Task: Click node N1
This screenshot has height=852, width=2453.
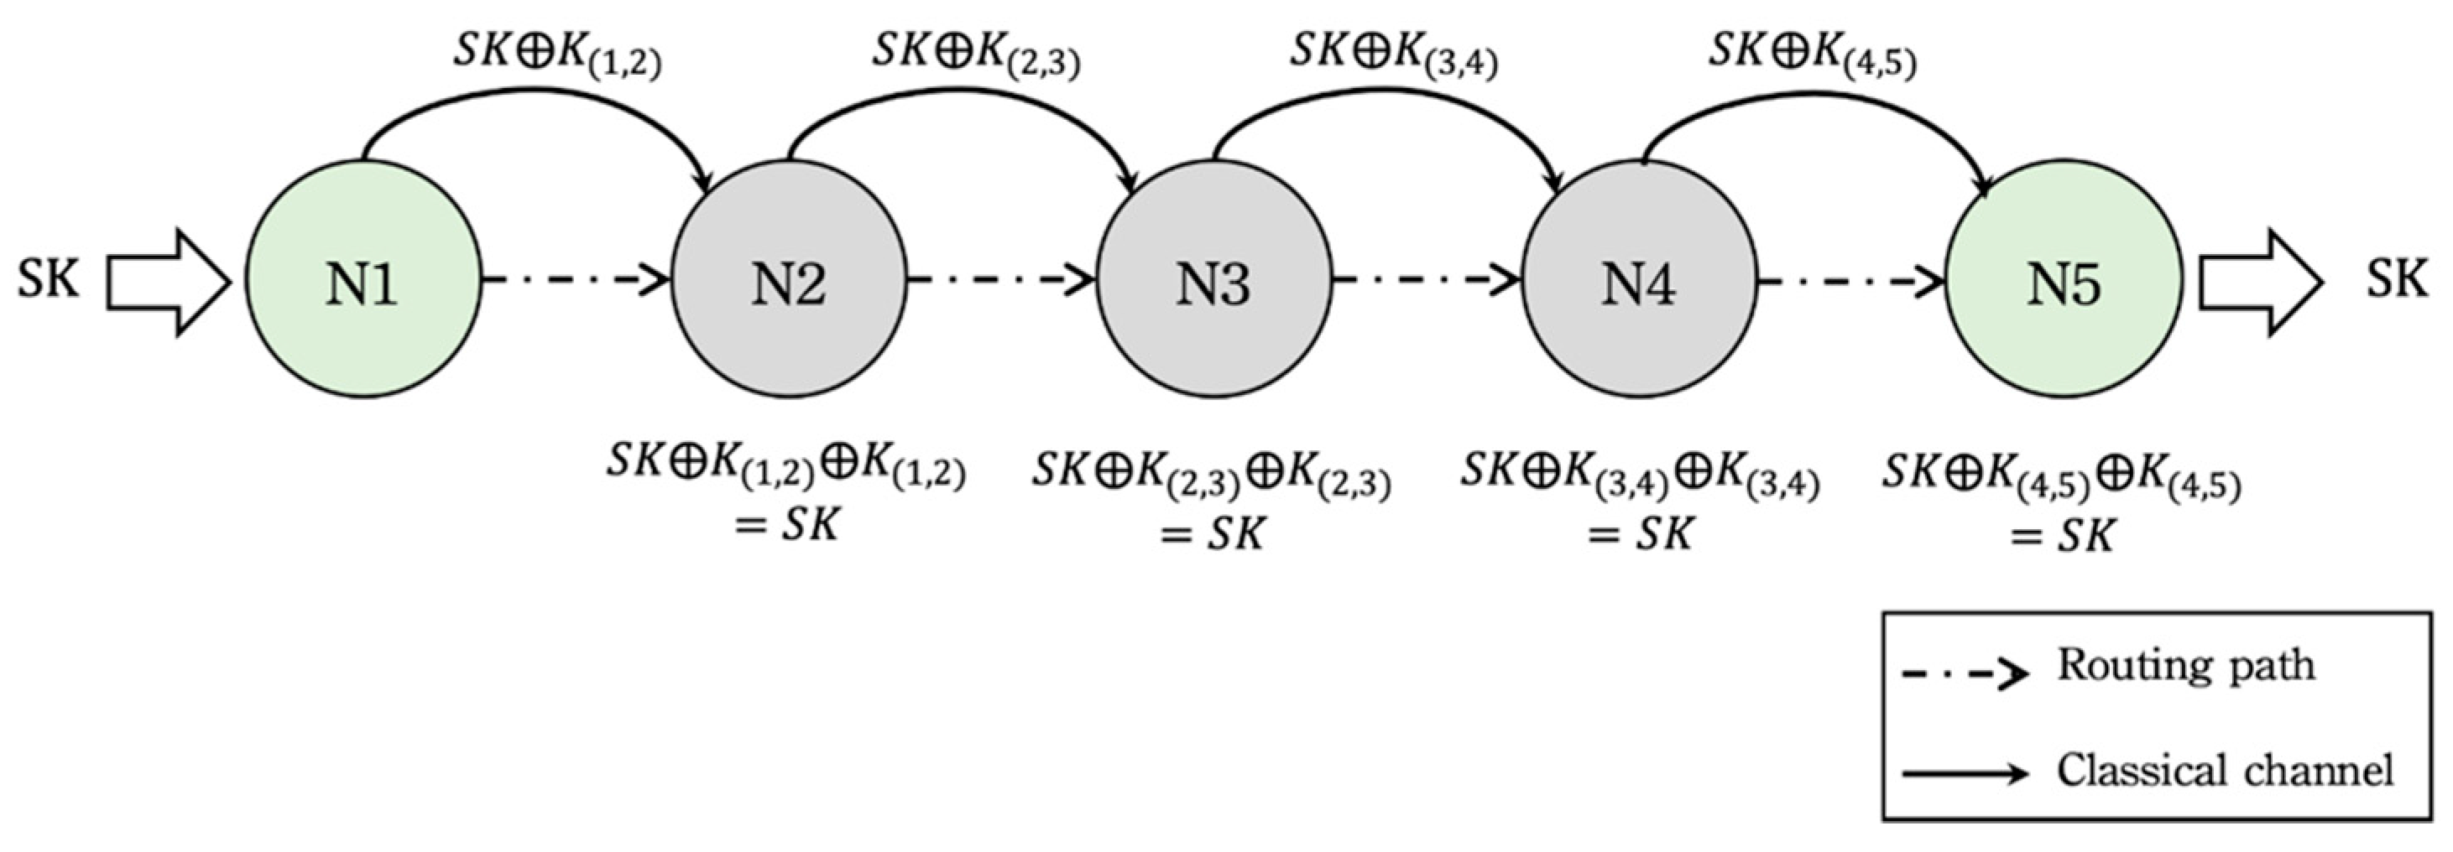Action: click(362, 282)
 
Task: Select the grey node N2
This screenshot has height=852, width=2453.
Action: click(789, 282)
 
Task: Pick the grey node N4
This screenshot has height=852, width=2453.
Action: click(1639, 282)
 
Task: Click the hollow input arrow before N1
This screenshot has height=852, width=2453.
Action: click(168, 282)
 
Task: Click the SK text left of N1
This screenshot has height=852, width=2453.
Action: click(48, 280)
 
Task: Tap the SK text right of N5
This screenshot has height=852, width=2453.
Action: click(2397, 280)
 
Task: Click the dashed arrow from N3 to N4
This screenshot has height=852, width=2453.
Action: click(1426, 280)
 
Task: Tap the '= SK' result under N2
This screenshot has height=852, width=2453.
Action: click(786, 522)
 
